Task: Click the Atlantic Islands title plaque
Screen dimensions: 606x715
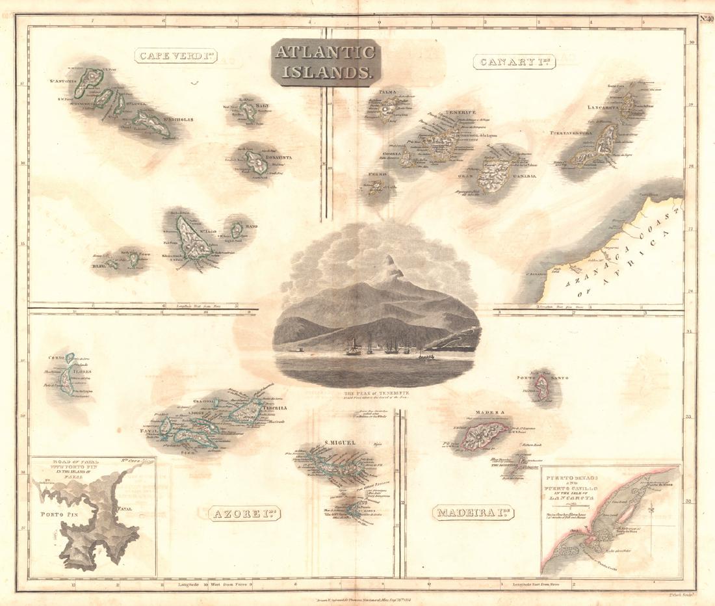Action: point(324,62)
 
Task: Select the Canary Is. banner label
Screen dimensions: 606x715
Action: point(508,62)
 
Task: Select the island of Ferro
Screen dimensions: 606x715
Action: point(376,187)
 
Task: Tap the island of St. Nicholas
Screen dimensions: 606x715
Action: point(151,122)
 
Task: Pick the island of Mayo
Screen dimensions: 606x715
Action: point(237,229)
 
